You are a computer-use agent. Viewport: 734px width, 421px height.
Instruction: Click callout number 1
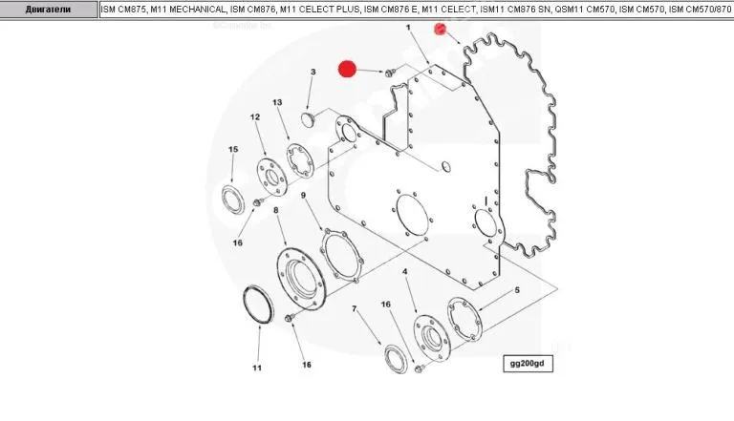408,28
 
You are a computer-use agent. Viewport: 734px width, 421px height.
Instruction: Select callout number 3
313,72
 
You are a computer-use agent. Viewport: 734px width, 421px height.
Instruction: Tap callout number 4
405,272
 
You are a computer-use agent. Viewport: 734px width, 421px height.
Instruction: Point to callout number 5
517,290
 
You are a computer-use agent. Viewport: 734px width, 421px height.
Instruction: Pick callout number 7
355,308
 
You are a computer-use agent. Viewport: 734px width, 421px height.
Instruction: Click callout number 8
275,210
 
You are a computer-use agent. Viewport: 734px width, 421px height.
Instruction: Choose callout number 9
303,195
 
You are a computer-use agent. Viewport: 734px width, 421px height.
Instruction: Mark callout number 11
257,368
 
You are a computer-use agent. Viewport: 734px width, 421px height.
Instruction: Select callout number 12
255,116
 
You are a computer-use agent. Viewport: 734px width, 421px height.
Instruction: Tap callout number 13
277,102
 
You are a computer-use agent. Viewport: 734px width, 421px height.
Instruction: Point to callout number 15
233,149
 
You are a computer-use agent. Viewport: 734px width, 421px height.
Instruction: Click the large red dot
347,70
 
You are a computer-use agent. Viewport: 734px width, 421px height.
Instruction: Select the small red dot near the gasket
440,29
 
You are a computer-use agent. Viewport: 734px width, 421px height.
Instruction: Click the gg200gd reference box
528,364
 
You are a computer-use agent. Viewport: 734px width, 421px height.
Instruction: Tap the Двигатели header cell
48,10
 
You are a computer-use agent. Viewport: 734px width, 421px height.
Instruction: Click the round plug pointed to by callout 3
307,118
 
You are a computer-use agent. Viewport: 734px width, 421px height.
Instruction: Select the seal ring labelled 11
258,304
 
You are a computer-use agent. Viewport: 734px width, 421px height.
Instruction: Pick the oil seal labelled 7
396,359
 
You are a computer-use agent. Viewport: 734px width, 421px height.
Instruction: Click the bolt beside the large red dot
390,73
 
